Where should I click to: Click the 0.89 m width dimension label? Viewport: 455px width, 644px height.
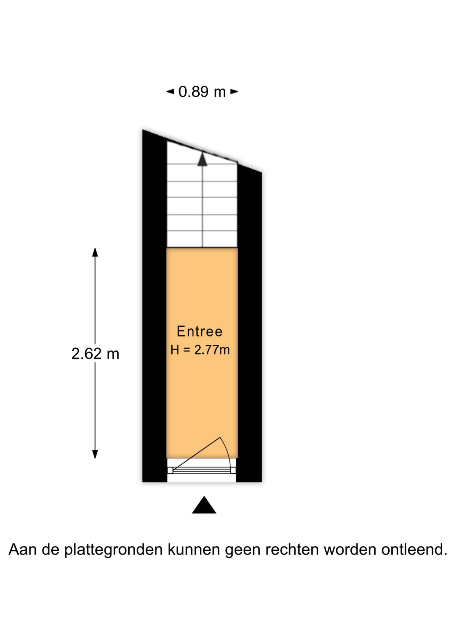[202, 92]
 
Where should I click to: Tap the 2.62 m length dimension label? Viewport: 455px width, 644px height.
[95, 354]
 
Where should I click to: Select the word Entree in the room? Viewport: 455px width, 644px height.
[200, 331]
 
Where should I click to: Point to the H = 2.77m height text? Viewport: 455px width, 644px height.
[200, 350]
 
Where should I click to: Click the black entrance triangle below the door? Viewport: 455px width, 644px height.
[204, 505]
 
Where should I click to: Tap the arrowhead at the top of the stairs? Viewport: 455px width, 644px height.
[202, 159]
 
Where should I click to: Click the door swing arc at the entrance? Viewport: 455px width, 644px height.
[226, 453]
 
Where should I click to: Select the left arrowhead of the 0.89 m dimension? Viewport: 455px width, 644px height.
[170, 92]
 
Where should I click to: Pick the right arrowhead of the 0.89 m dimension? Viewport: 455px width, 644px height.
[234, 92]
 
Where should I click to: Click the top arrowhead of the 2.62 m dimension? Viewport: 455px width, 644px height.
[95, 252]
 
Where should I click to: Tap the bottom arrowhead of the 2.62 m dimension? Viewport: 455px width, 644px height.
[95, 454]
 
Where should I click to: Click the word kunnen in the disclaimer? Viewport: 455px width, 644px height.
[193, 549]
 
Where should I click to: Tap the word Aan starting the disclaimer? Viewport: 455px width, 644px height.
[22, 549]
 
